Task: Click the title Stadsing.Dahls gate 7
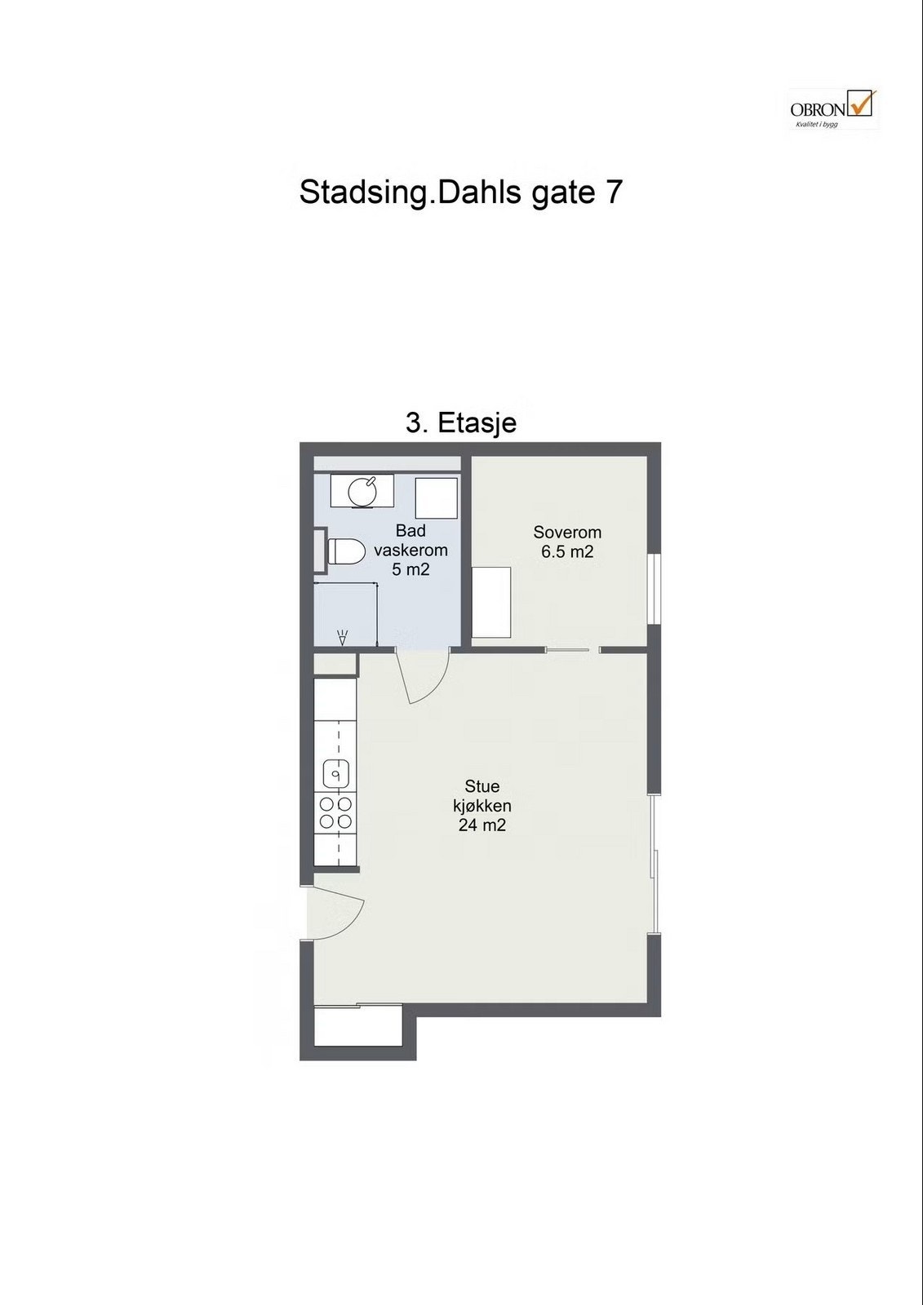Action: click(x=461, y=192)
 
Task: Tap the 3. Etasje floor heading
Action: click(x=461, y=422)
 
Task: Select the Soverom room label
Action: click(x=567, y=532)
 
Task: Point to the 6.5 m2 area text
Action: click(x=567, y=552)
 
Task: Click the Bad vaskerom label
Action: click(x=410, y=540)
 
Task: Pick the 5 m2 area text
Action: click(x=410, y=569)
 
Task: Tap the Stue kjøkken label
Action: click(x=482, y=796)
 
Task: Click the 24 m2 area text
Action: click(x=482, y=825)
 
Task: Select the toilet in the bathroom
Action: click(x=344, y=551)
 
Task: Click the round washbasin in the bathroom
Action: click(x=361, y=491)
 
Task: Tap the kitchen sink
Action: click(x=336, y=772)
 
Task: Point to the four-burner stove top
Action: click(x=335, y=813)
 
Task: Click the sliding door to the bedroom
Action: click(x=566, y=650)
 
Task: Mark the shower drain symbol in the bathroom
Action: click(x=343, y=637)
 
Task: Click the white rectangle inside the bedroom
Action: click(x=492, y=602)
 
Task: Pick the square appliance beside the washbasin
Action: click(x=436, y=498)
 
